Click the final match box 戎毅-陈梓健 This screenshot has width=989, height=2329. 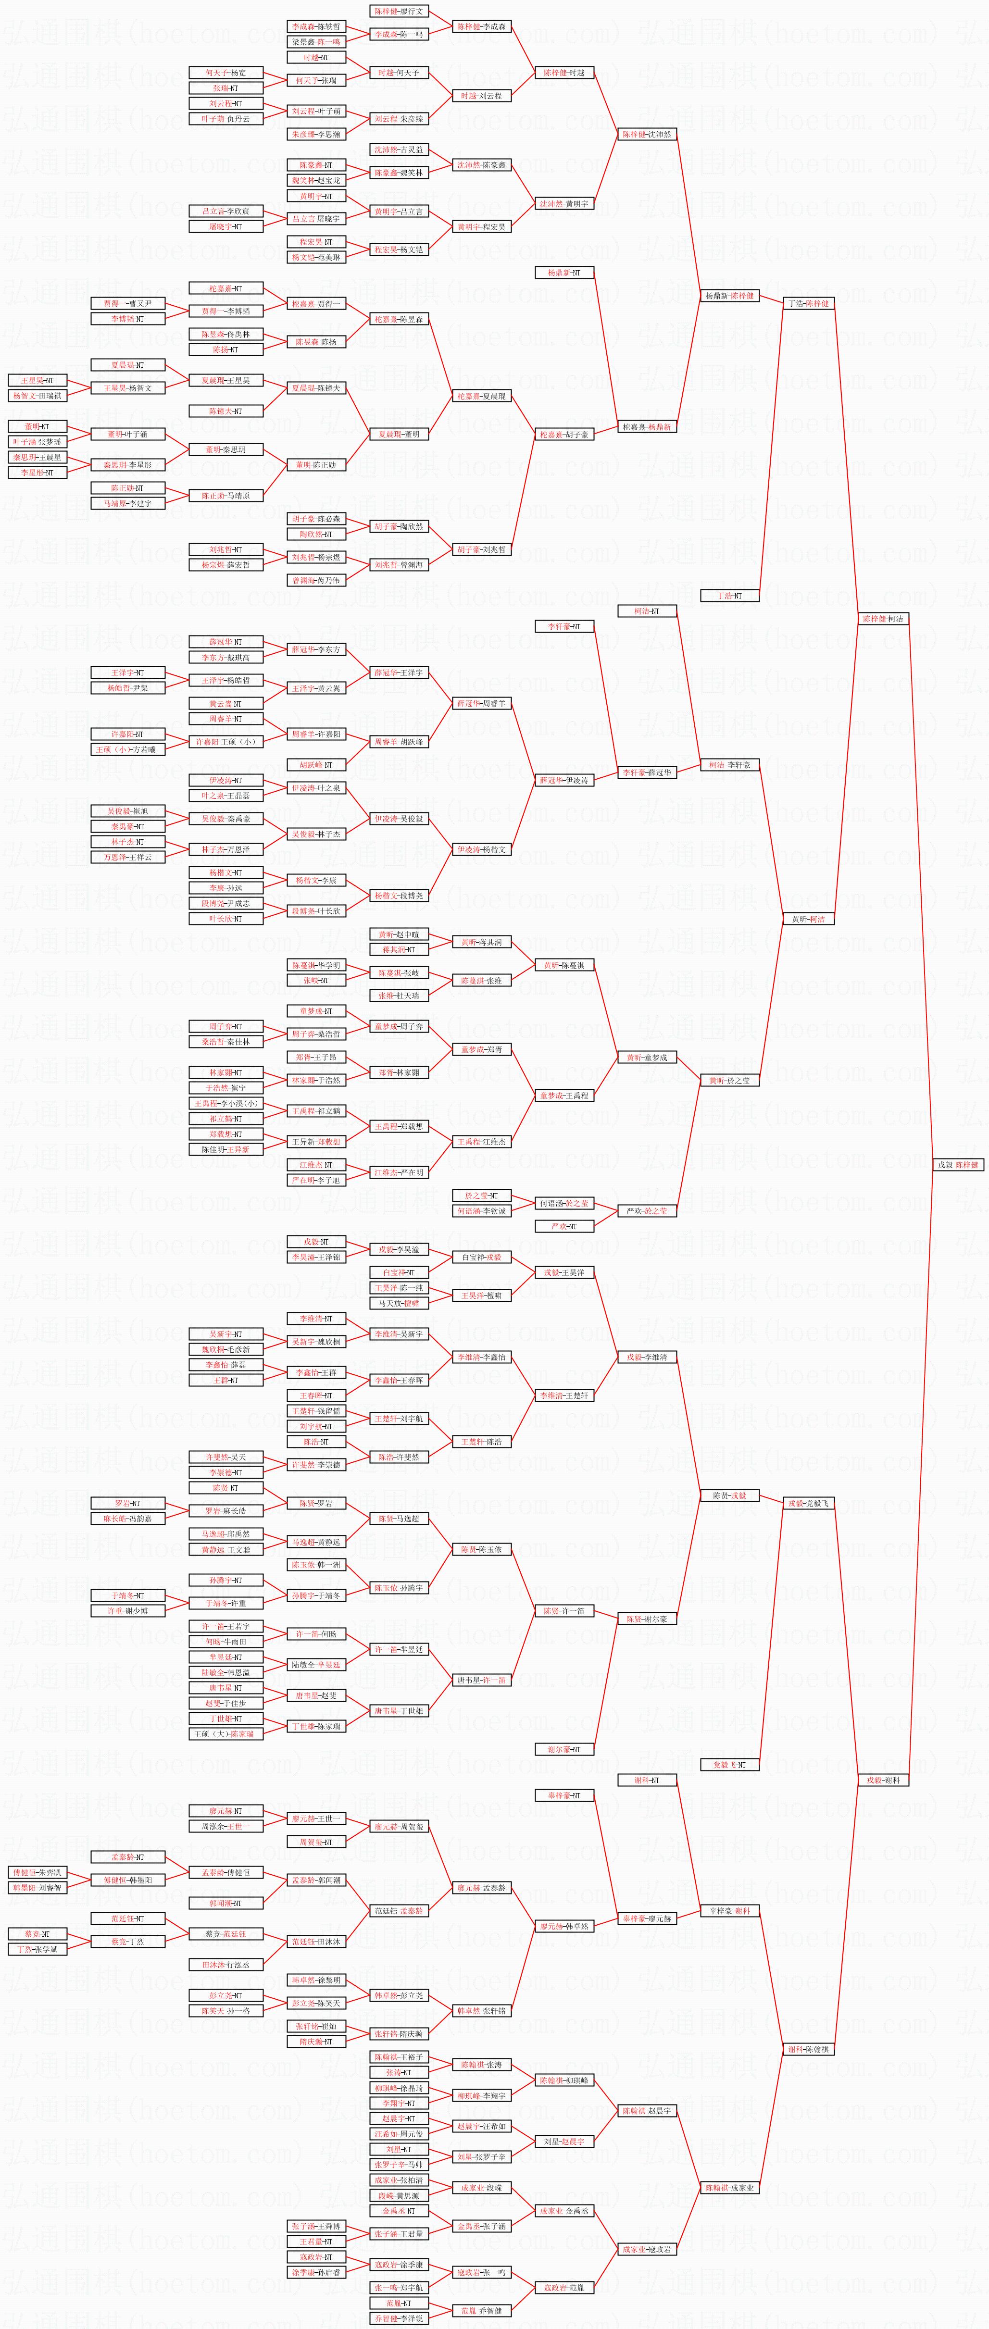959,1164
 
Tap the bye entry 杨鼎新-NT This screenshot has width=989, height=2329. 564,272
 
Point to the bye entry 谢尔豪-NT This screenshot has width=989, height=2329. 564,1749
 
